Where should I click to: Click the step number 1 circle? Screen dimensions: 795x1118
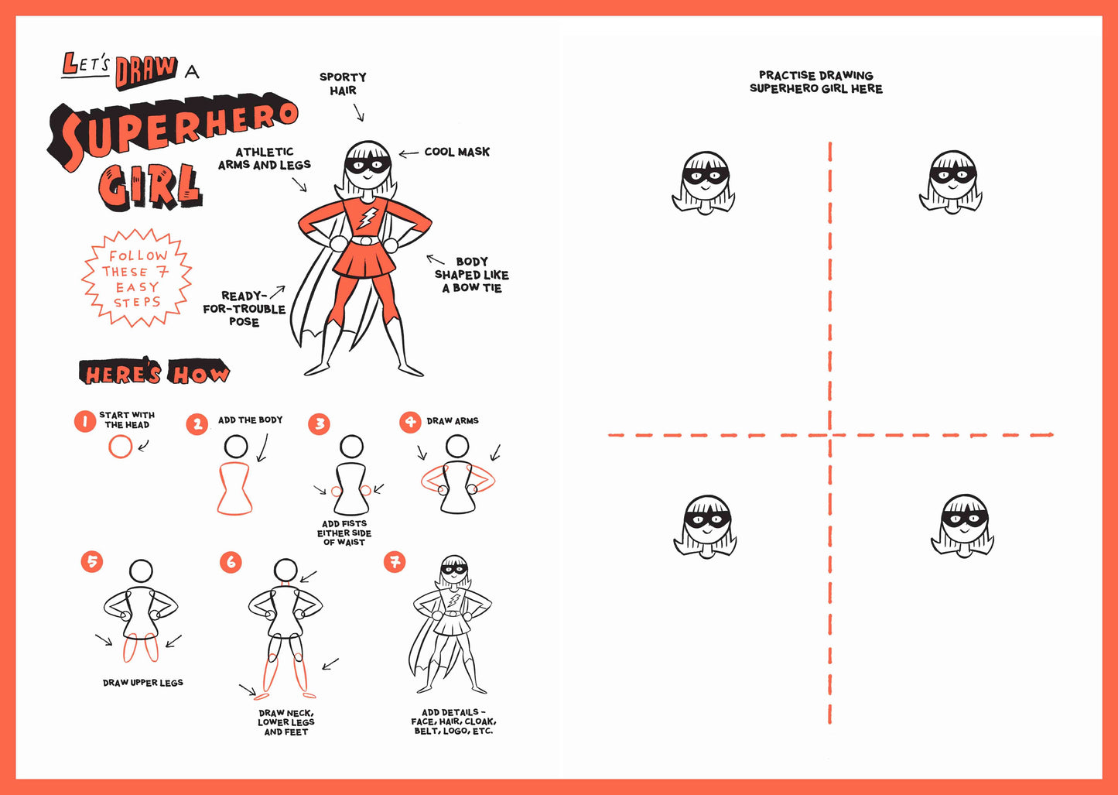coord(85,422)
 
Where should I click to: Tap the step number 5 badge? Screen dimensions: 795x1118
coord(92,561)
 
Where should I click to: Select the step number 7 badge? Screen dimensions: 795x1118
coord(395,562)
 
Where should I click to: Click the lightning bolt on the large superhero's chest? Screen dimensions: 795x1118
coord(370,216)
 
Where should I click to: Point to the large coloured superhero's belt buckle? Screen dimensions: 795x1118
coord(365,241)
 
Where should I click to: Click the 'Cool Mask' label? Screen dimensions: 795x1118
coord(456,152)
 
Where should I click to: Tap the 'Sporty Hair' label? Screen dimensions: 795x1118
coord(343,84)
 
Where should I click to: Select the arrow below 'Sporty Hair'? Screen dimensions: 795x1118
coord(359,113)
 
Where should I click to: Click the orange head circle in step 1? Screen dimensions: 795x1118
coord(120,447)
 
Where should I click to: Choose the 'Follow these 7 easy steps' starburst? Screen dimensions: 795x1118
coord(137,278)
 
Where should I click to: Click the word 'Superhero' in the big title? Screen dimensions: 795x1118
coord(174,132)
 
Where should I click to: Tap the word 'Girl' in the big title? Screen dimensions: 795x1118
coord(150,186)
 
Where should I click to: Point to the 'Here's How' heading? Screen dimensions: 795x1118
coord(154,374)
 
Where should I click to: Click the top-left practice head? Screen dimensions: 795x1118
coord(704,183)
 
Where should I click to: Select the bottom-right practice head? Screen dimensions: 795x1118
coord(963,526)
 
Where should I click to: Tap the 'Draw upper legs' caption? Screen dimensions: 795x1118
coord(143,683)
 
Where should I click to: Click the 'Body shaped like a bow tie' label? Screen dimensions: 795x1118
coord(471,275)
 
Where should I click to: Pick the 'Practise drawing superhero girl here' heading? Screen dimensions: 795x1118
coord(815,82)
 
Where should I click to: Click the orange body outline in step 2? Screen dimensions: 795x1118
coord(235,488)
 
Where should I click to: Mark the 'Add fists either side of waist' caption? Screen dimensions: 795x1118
coord(344,533)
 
